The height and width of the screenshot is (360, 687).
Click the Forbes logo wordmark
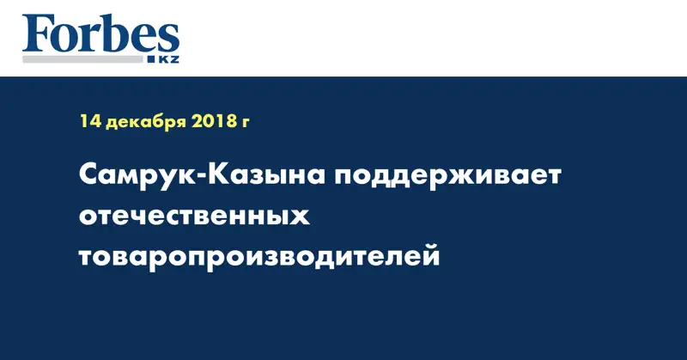[x=100, y=36]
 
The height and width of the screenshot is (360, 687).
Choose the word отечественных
[x=194, y=216]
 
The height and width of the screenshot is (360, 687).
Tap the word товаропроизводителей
[x=259, y=255]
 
